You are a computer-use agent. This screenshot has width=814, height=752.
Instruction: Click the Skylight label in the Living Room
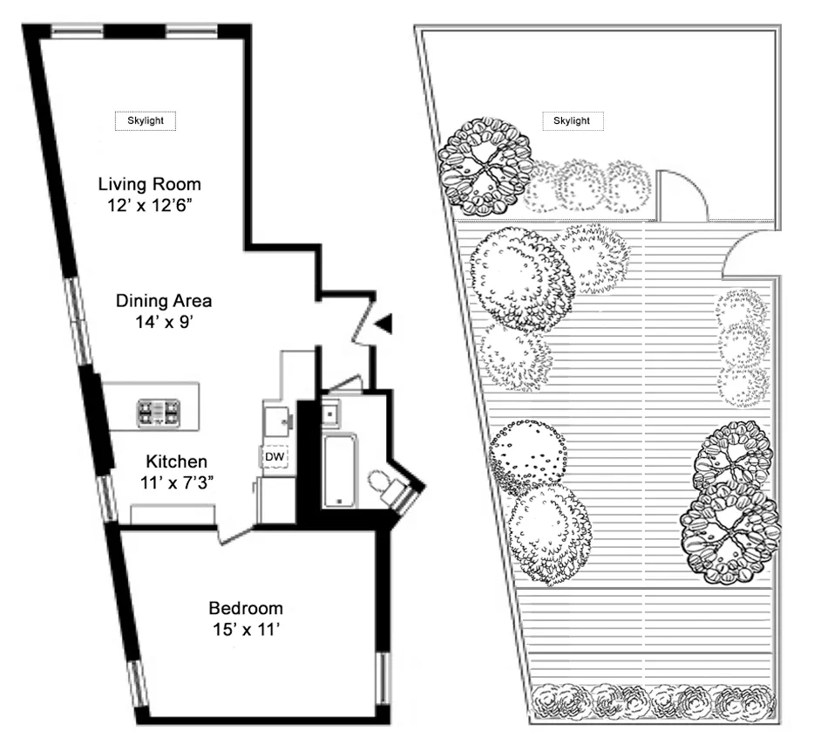coord(146,120)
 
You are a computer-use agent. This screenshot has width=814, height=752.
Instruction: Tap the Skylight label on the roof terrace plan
coord(572,120)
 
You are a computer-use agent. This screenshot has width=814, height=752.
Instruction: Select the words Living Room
coord(149,184)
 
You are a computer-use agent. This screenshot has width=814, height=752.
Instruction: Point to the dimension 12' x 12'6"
coord(149,207)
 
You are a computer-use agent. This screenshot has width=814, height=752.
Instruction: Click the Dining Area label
coord(164,301)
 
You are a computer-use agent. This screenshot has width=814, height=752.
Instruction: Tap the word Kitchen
coord(176,461)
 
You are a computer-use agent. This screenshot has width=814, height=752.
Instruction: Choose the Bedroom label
coord(245,608)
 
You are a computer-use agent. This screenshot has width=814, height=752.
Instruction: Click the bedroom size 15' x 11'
coord(245,630)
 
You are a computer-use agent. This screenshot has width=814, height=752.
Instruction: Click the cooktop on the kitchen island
coord(159,412)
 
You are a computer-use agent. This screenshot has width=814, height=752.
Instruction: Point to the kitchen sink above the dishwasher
coord(278,422)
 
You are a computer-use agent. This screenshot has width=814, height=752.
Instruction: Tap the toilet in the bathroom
coord(383,482)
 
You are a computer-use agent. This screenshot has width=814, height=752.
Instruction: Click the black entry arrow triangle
coord(383,324)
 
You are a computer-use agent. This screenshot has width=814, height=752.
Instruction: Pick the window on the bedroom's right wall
coord(382,678)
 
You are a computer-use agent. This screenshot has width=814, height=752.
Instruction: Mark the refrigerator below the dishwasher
coord(276,499)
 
